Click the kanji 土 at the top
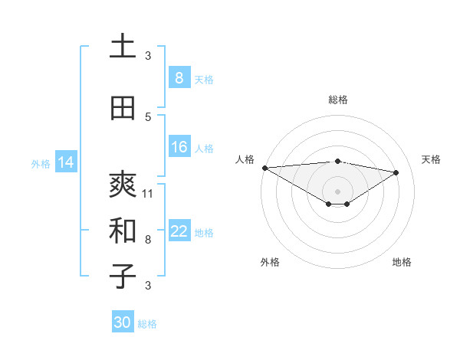(123, 47)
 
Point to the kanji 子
(123, 277)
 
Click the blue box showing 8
(179, 78)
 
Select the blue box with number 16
(179, 147)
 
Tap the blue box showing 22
(179, 231)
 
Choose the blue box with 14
(66, 162)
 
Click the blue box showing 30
(123, 322)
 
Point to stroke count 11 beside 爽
(148, 193)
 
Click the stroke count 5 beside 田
(148, 116)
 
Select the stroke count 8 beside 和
(148, 239)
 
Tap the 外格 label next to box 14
(41, 163)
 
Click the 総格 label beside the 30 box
(147, 324)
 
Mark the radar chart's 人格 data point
(264, 168)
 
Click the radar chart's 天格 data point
(396, 172)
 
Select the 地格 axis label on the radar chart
(402, 262)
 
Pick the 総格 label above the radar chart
(337, 100)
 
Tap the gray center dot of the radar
(337, 190)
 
